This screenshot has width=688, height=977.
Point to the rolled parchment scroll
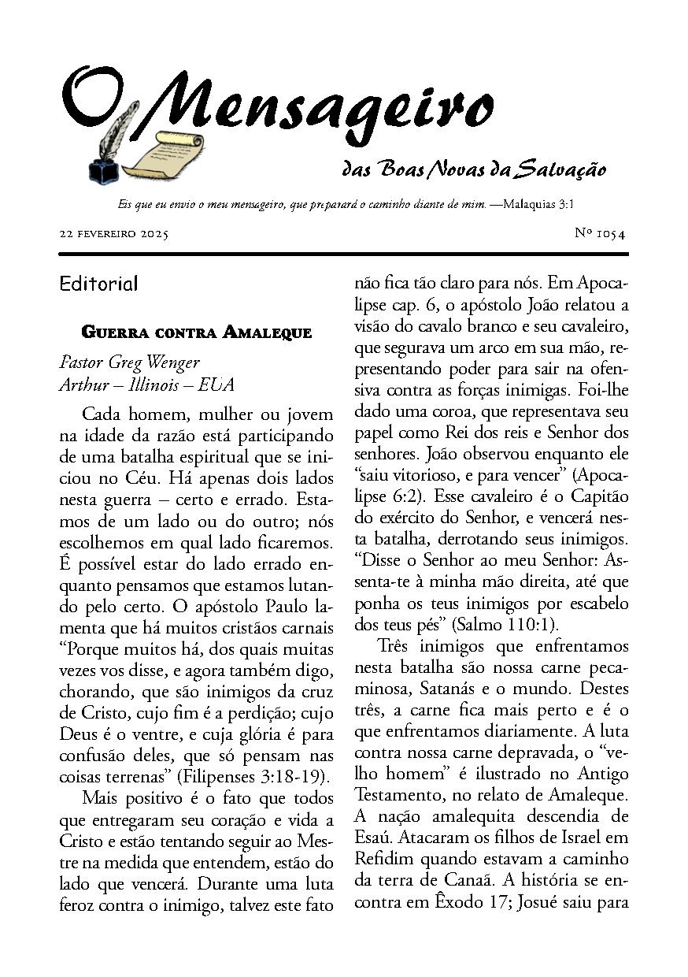tap(161, 154)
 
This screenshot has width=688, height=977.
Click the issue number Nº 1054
tap(600, 233)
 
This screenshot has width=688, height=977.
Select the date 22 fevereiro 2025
tap(113, 234)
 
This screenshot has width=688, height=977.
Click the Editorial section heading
tap(98, 284)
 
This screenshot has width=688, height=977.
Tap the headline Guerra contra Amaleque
tap(197, 332)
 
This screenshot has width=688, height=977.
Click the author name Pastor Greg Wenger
tap(130, 362)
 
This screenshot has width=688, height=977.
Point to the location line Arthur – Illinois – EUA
tap(146, 385)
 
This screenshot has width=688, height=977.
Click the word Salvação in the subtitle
tap(562, 169)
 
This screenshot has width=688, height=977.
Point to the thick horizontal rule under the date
tap(343, 254)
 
